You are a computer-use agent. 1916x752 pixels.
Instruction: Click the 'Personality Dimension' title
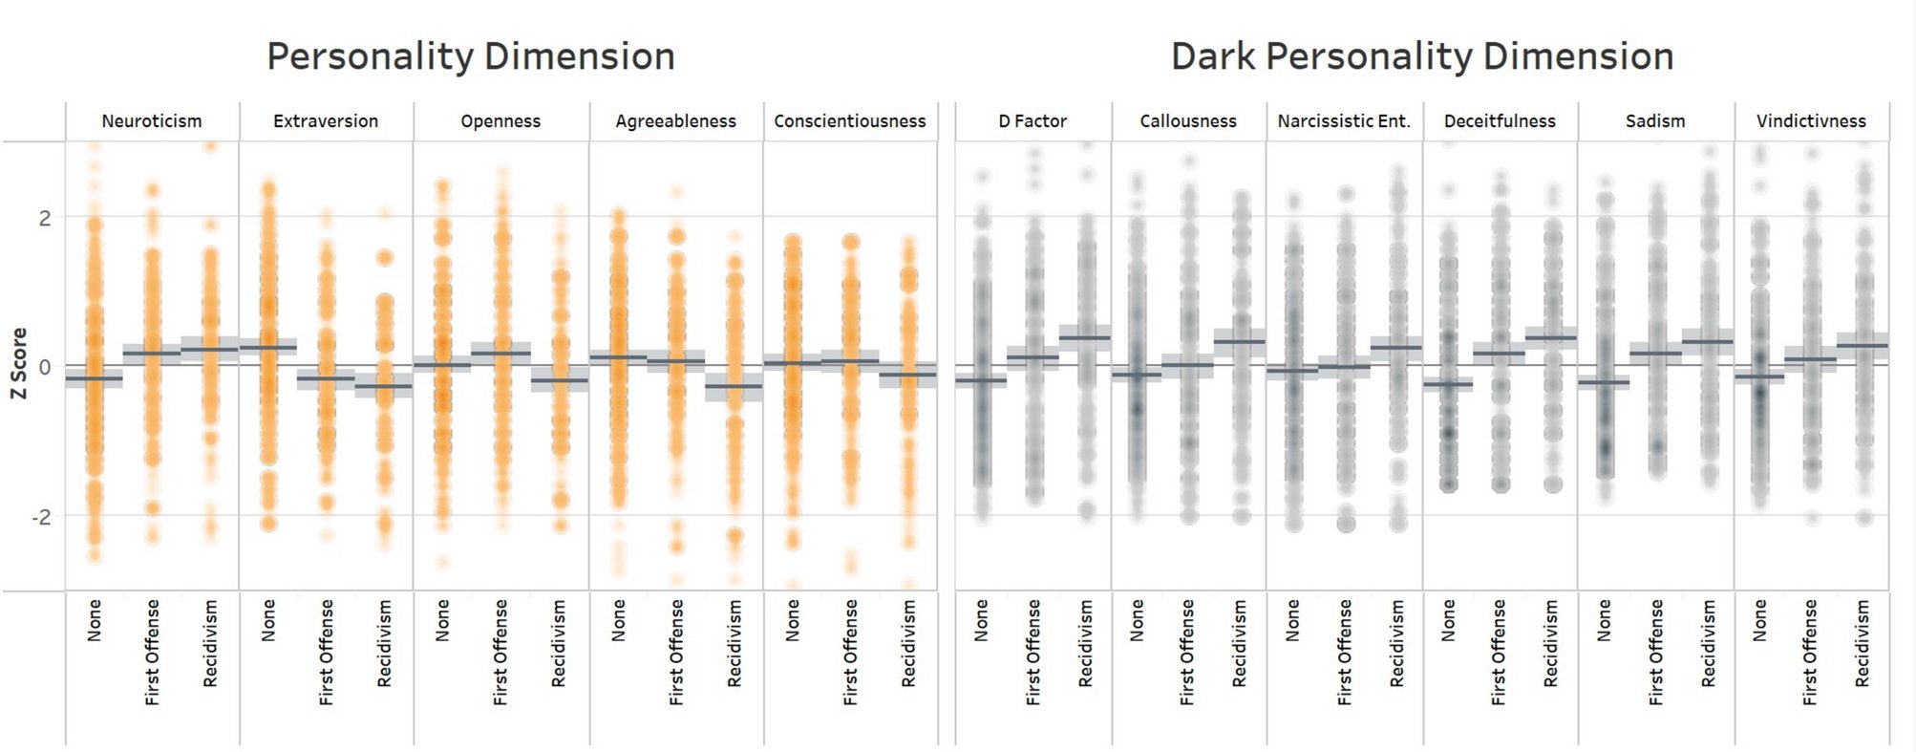[x=470, y=56]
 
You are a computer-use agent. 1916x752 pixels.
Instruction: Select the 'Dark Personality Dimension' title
[x=1421, y=56]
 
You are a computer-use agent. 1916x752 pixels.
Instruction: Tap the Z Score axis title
[x=19, y=363]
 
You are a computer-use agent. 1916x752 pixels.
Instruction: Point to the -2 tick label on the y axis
[x=41, y=517]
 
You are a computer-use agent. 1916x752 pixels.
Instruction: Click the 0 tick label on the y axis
[x=45, y=367]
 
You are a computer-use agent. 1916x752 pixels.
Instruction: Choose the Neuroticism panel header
[x=152, y=121]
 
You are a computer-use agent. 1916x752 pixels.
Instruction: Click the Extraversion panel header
[x=326, y=121]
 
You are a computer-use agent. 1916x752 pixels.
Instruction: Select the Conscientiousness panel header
[x=849, y=121]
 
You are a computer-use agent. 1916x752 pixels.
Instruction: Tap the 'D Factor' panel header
[x=1033, y=121]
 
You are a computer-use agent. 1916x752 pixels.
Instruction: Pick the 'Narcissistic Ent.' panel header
[x=1344, y=121]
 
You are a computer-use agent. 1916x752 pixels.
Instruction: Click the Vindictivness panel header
[x=1811, y=121]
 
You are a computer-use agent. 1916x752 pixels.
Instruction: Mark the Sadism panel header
[x=1655, y=121]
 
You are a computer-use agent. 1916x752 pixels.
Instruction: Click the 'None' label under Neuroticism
[x=94, y=620]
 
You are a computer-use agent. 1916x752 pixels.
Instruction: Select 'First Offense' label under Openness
[x=500, y=652]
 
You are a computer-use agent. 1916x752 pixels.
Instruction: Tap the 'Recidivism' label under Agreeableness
[x=734, y=642]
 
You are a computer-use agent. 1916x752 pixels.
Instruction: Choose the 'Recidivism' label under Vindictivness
[x=1862, y=642]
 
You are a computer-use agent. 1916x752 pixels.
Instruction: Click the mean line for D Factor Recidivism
[x=1085, y=337]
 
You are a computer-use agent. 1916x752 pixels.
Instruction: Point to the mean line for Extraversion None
[x=268, y=346]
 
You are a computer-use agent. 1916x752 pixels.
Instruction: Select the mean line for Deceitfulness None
[x=1448, y=384]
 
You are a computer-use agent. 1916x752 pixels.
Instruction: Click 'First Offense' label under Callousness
[x=1187, y=652]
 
